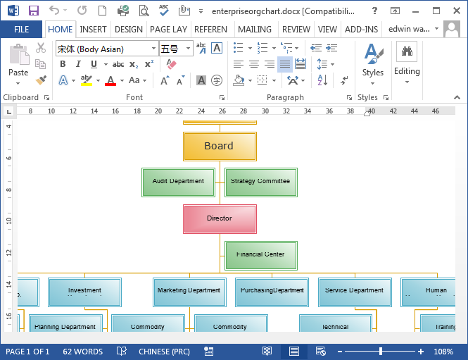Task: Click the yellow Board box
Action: (x=220, y=147)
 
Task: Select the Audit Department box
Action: (x=178, y=182)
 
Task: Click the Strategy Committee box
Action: (x=260, y=182)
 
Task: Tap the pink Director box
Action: (x=220, y=218)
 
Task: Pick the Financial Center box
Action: (x=260, y=255)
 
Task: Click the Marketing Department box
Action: (x=189, y=292)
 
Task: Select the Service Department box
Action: (x=355, y=292)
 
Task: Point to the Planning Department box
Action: (x=65, y=325)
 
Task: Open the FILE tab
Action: (x=21, y=30)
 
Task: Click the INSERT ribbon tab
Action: (x=93, y=30)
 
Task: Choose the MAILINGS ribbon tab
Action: (x=255, y=30)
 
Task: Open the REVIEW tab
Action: (x=296, y=30)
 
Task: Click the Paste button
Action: (x=18, y=63)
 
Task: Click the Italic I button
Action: (x=76, y=64)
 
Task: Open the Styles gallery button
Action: (x=372, y=61)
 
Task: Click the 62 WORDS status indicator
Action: (x=82, y=352)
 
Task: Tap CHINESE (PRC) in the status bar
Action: (x=164, y=352)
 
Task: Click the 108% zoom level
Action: (x=443, y=352)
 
